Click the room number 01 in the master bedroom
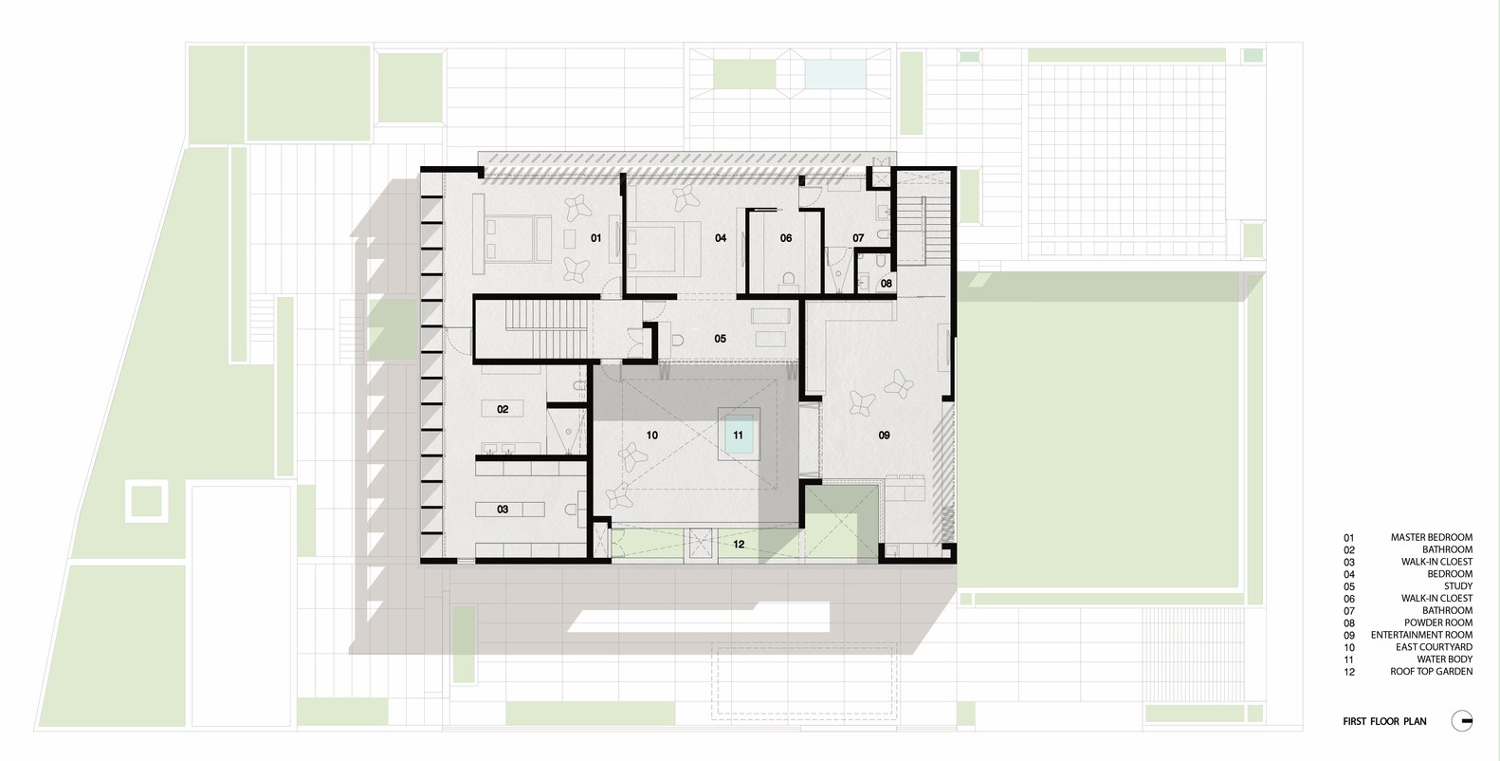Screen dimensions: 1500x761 (595, 238)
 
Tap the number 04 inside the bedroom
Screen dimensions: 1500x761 (721, 238)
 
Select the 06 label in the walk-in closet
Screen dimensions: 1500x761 (786, 238)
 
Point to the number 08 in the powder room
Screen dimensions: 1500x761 (886, 284)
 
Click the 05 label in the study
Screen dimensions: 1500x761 (720, 339)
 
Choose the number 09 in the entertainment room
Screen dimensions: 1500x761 (884, 436)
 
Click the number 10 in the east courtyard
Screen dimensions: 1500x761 (651, 436)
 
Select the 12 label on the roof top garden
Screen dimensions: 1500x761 (739, 544)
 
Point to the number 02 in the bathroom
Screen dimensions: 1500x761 (503, 409)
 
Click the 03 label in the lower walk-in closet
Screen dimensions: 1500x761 (503, 510)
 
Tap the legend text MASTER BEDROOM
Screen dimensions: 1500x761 (1432, 537)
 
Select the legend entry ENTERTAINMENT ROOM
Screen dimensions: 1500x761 (1421, 635)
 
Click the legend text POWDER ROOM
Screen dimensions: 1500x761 (1438, 623)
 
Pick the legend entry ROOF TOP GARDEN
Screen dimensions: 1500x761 (1431, 671)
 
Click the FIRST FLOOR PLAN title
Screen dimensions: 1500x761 (1384, 721)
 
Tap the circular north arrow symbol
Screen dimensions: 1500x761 (1462, 721)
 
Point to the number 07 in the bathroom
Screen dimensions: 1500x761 (858, 238)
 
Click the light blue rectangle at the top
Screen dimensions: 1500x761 (835, 74)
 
